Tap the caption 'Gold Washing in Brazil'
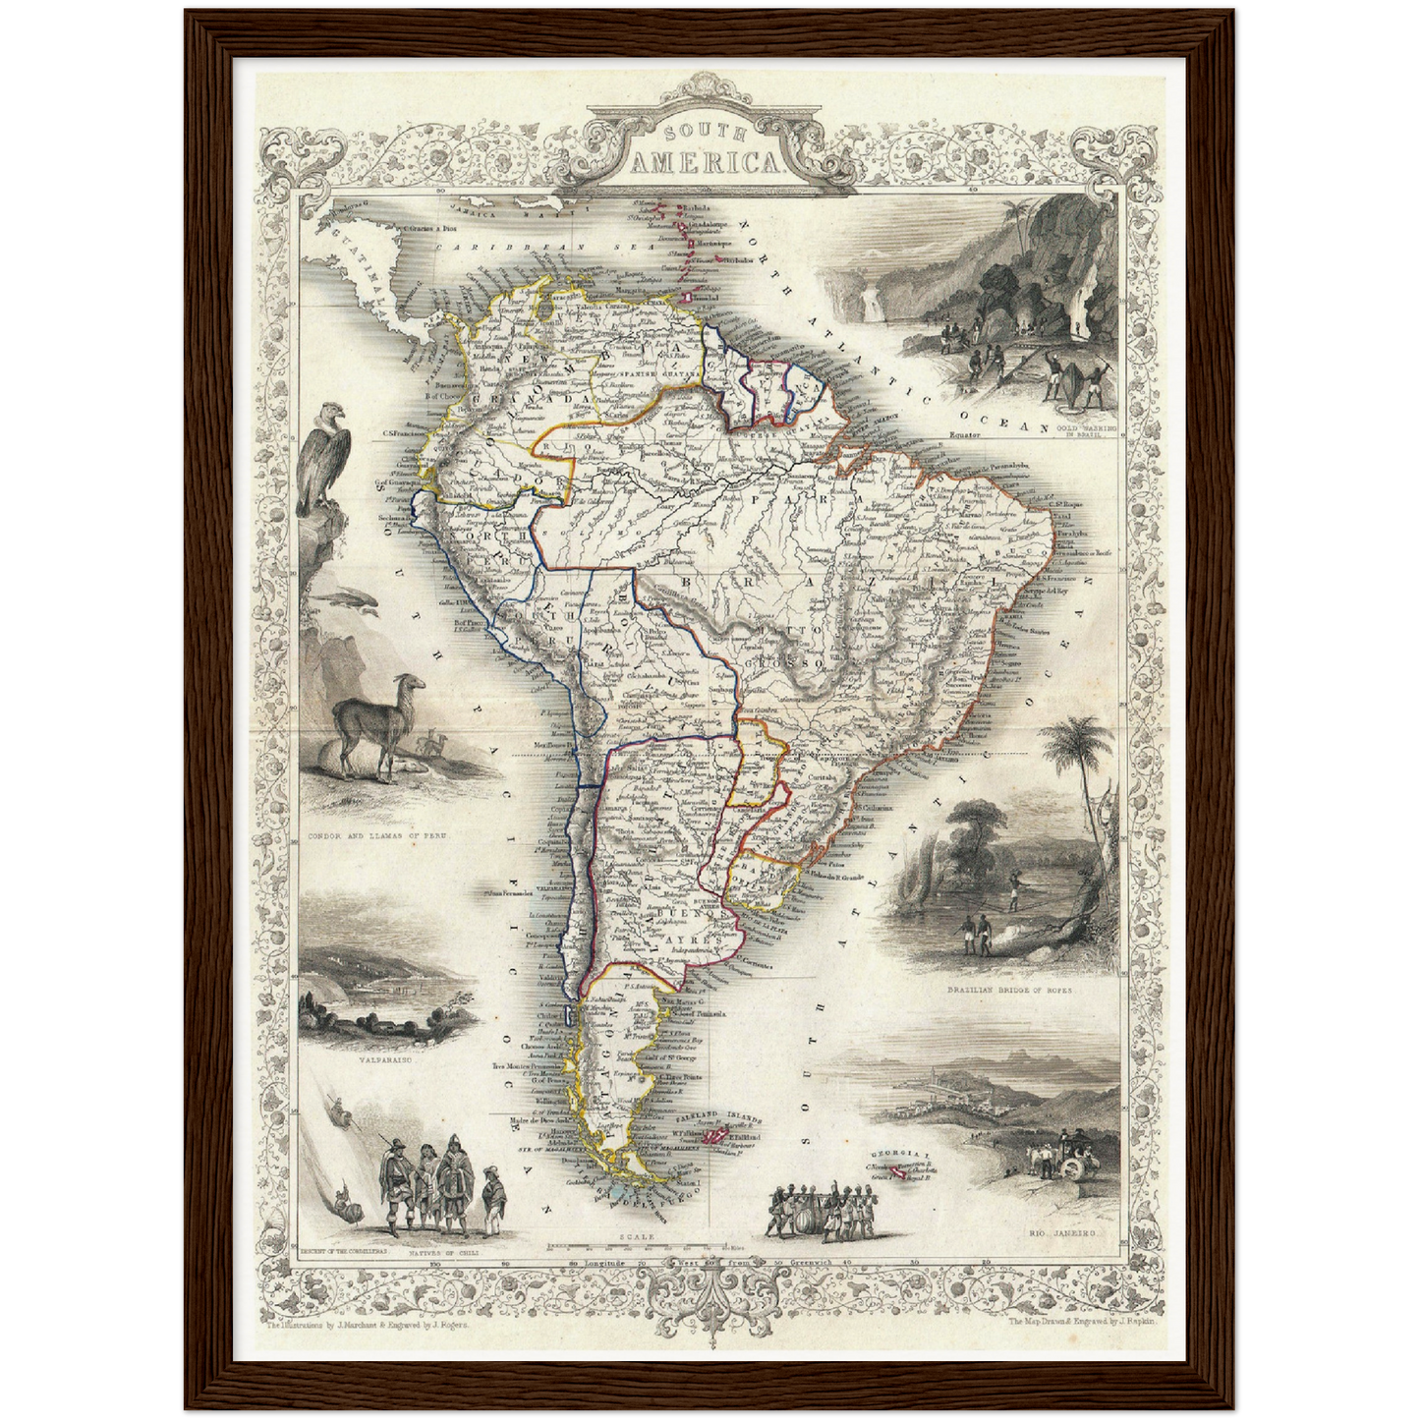coord(1079,431)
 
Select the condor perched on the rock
coord(325,460)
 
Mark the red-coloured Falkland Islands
coord(715,1136)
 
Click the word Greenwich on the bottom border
coord(814,1262)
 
